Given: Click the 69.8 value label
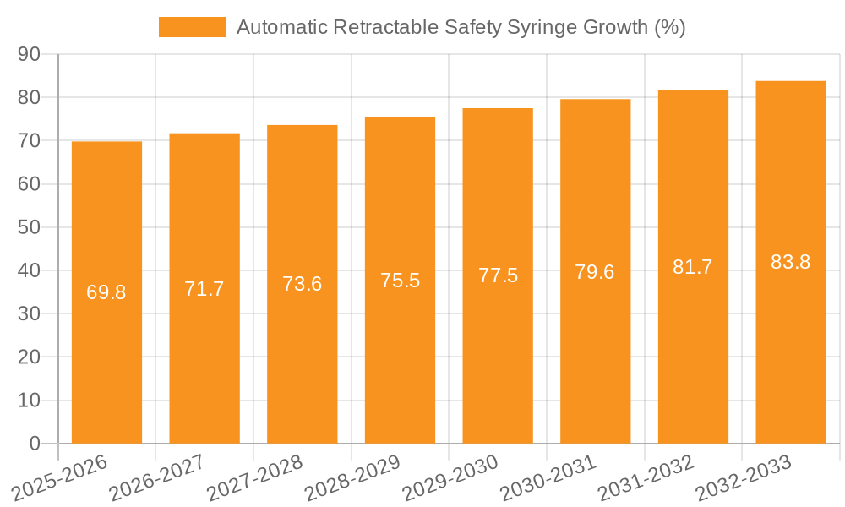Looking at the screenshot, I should tap(106, 292).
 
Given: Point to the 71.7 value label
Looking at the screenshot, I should tap(204, 289).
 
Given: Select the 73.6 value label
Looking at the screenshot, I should tap(302, 284).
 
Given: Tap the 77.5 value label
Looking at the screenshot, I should tap(498, 275).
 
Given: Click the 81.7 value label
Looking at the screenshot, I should tap(693, 267).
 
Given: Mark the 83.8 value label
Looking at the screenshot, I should tap(790, 262).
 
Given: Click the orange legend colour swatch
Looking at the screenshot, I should tap(193, 27).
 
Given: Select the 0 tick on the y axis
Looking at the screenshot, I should tap(35, 444).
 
